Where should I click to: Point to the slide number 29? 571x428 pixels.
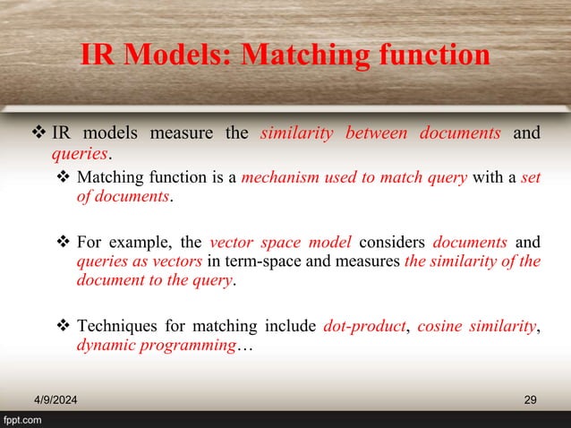tap(529, 398)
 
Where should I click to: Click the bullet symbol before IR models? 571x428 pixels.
tap(38, 134)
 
